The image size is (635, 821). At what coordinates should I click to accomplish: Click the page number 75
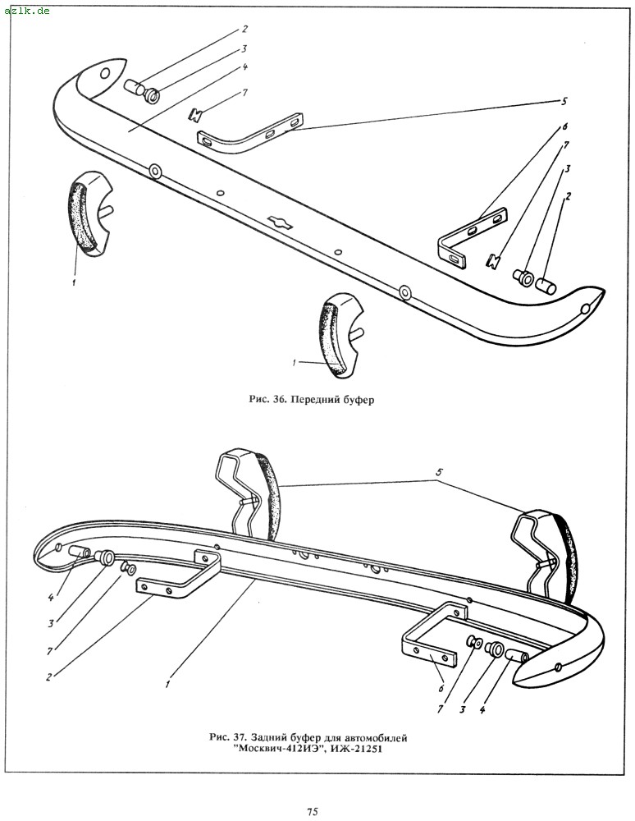(x=313, y=812)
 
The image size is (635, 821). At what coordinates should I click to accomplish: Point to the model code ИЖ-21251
(x=351, y=750)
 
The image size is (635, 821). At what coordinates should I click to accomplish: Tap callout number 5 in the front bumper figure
(x=564, y=101)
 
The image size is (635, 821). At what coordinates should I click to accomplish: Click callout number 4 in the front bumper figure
(x=245, y=66)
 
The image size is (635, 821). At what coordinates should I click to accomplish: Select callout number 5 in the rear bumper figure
(x=439, y=473)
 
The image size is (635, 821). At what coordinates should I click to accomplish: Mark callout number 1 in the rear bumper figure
(x=167, y=682)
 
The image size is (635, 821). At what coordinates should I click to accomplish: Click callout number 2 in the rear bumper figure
(x=50, y=677)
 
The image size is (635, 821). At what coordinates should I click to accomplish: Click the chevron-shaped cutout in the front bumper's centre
(x=278, y=221)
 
